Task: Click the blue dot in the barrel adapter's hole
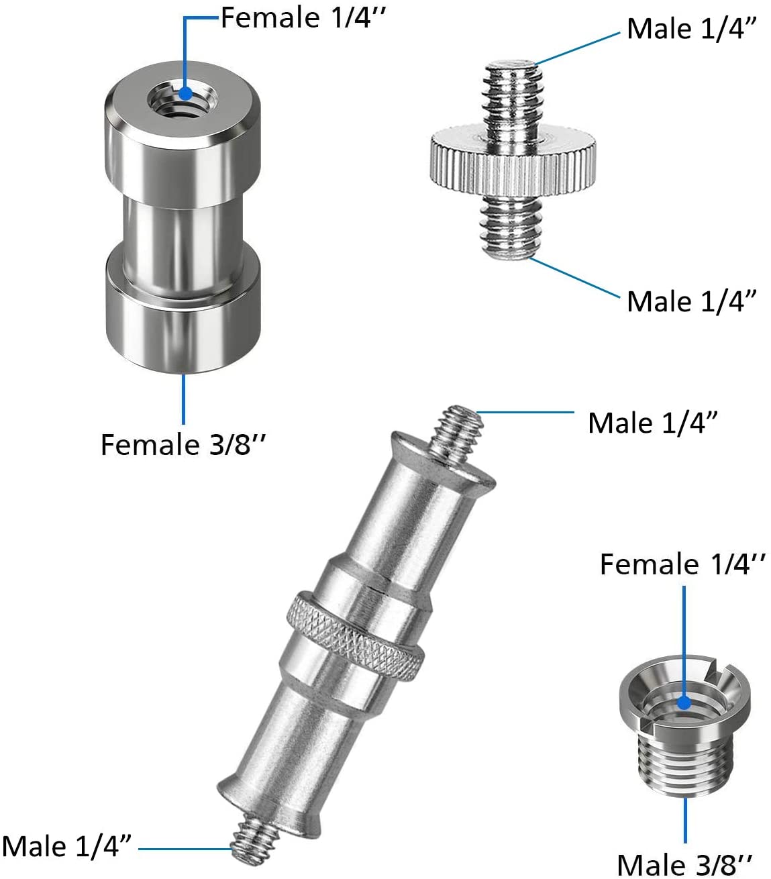pyautogui.click(x=186, y=94)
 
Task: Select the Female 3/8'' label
pyautogui.click(x=183, y=445)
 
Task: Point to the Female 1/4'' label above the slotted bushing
pyautogui.click(x=682, y=564)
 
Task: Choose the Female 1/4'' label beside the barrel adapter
pyautogui.click(x=303, y=18)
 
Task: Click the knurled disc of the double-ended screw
pyautogui.click(x=513, y=162)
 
